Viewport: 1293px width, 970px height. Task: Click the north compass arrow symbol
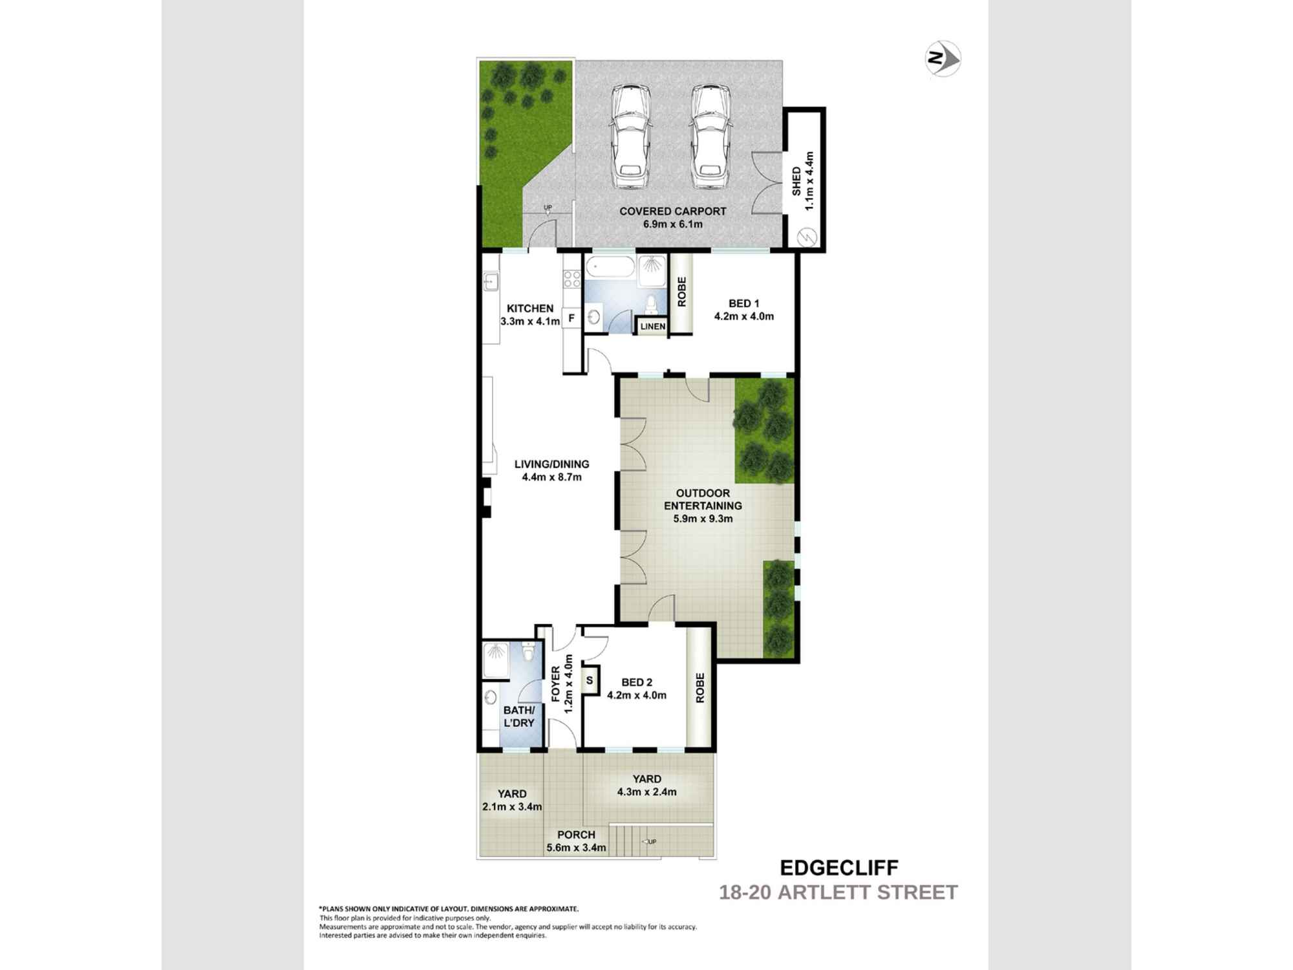point(943,59)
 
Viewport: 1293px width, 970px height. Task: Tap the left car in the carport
point(630,138)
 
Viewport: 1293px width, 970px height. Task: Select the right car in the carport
point(709,138)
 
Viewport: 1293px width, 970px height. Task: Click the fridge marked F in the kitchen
point(572,318)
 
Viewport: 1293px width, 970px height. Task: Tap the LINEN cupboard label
point(652,327)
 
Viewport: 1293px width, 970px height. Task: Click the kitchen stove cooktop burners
point(572,279)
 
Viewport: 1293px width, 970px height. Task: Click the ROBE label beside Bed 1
point(681,292)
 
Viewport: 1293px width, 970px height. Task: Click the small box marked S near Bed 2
point(590,680)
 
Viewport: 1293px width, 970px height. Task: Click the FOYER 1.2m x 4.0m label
point(562,684)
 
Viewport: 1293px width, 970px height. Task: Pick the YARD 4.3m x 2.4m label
point(646,785)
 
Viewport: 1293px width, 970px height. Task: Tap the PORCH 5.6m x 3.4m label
point(576,841)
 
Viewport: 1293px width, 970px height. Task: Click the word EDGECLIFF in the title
point(839,867)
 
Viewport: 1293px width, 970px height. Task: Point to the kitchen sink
point(491,281)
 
